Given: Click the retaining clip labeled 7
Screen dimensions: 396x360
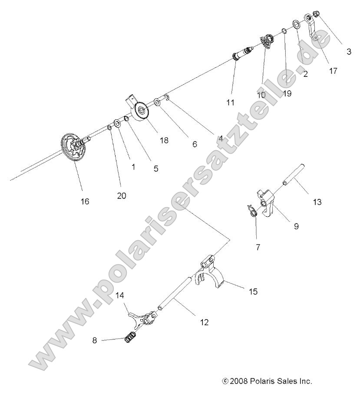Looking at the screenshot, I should tap(252, 210).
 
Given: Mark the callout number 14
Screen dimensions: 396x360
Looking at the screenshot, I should tap(120, 295).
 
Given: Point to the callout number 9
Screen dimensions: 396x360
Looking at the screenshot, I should tap(296, 226).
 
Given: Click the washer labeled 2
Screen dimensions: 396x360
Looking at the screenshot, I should tap(296, 23).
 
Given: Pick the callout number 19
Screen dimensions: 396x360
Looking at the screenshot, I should tap(287, 92).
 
